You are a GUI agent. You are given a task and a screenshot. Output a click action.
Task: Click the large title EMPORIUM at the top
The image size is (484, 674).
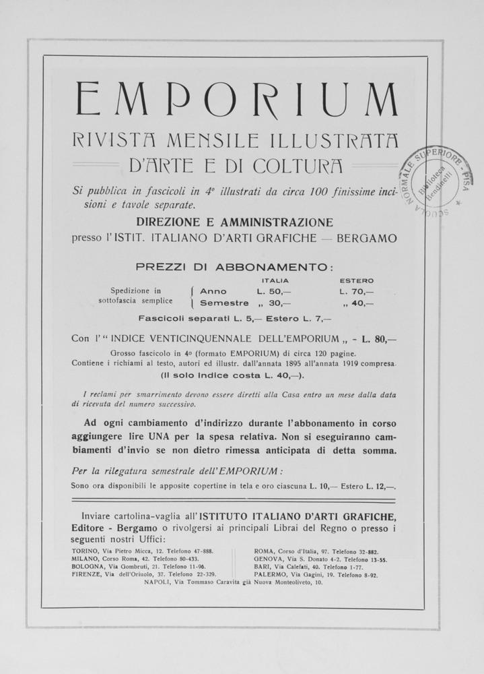point(236,98)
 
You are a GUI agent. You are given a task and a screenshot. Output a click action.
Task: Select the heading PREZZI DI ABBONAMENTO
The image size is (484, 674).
point(234,266)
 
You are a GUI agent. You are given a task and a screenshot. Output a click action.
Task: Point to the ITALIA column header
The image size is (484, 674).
point(275,280)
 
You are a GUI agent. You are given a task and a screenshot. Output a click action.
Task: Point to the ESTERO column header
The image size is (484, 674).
point(357,280)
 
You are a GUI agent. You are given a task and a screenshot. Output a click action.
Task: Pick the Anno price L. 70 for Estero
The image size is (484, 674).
point(357,291)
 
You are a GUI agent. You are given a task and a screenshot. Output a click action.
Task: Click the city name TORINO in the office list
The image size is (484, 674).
point(85,550)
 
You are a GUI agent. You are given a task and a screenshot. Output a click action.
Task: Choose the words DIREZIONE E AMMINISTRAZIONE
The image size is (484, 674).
point(234,222)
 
